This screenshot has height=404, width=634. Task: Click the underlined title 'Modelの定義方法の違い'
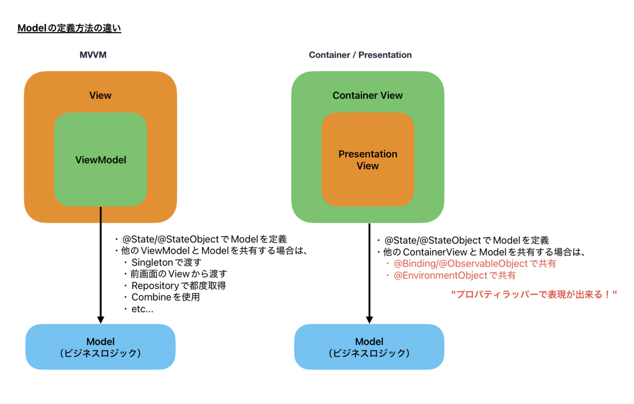(x=69, y=28)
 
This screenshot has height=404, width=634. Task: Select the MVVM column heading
(x=93, y=54)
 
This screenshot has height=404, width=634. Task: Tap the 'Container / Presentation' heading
(x=360, y=54)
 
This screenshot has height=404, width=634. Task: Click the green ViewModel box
(x=100, y=160)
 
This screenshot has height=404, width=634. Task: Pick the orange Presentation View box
(x=368, y=160)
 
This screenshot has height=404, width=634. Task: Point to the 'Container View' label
(x=367, y=96)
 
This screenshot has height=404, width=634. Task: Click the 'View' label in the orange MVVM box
(x=100, y=96)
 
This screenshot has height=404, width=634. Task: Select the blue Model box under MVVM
(x=100, y=347)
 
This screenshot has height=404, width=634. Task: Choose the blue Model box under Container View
(x=369, y=347)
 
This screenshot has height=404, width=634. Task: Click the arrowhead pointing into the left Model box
(x=100, y=320)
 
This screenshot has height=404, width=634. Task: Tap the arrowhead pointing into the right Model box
(x=369, y=320)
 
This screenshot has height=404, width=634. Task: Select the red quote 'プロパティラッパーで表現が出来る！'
(x=534, y=295)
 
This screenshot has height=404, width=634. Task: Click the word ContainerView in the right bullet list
(x=435, y=252)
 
